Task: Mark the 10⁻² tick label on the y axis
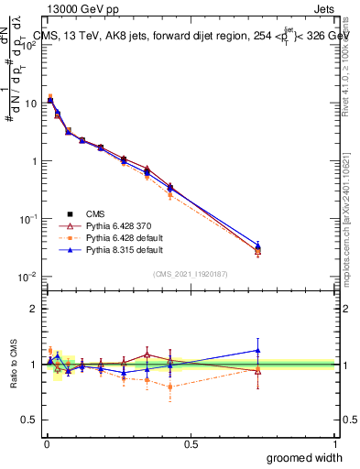click(x=29, y=277)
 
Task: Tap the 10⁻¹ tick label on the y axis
click(x=29, y=219)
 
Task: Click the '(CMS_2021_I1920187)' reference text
click(x=190, y=272)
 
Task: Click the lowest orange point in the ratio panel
click(x=170, y=387)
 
